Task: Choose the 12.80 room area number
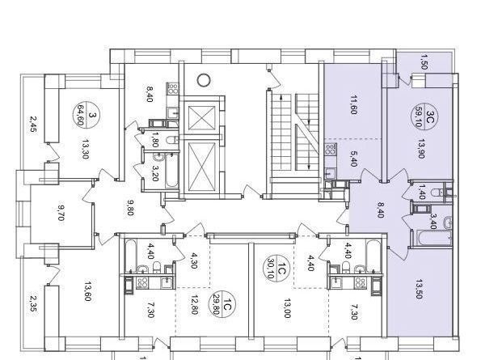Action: click(x=194, y=308)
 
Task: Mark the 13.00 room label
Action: click(x=287, y=308)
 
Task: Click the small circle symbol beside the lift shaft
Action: click(x=204, y=78)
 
